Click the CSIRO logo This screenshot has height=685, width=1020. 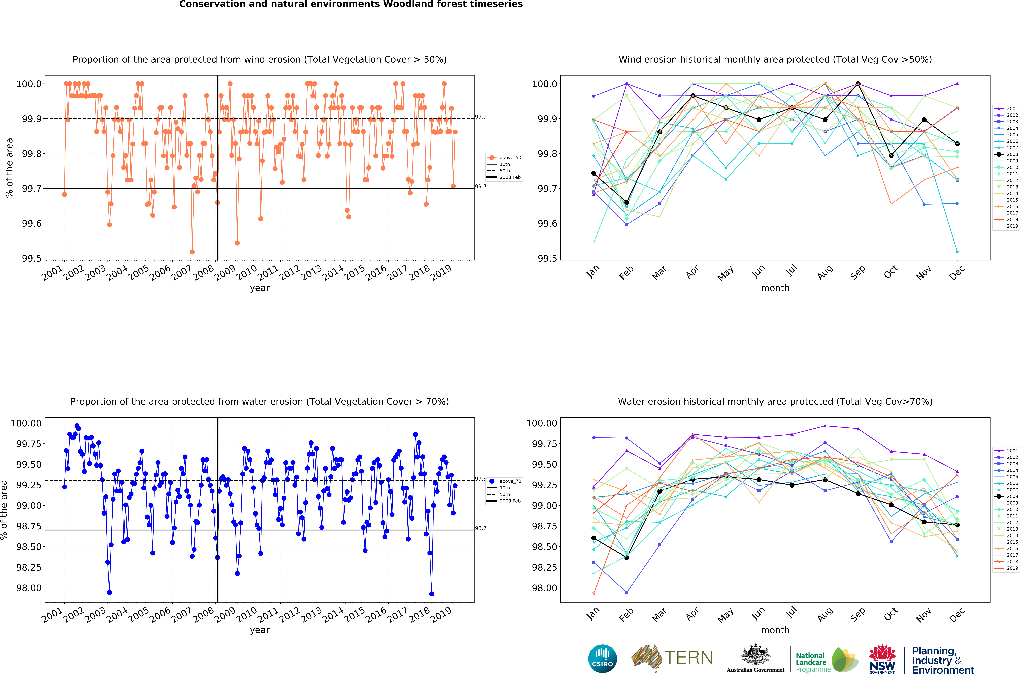(602, 658)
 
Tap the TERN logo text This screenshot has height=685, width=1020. (688, 657)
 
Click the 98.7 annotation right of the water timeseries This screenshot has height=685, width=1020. (481, 528)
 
